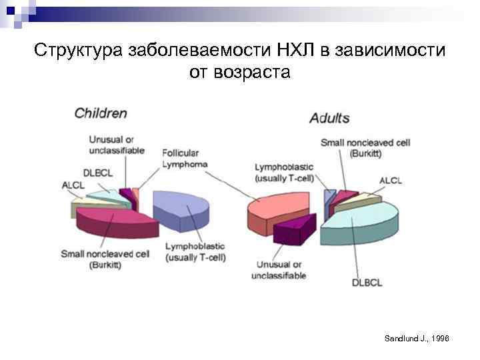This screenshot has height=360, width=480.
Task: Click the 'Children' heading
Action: click(x=100, y=113)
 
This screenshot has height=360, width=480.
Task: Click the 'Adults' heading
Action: click(x=329, y=118)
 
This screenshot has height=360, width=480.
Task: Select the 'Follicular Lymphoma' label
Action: click(x=185, y=158)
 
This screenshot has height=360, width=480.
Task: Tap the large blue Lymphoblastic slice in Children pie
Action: click(x=183, y=208)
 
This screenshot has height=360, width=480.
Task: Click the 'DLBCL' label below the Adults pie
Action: click(x=367, y=283)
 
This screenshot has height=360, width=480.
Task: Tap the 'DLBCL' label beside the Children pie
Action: click(x=98, y=173)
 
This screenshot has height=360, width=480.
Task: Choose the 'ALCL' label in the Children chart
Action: click(x=73, y=185)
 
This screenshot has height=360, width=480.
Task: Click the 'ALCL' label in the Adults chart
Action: click(x=391, y=181)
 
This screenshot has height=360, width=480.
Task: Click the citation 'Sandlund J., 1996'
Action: click(x=417, y=339)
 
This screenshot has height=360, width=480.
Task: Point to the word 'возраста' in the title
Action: click(x=259, y=71)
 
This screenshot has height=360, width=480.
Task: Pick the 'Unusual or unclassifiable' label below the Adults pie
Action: click(x=279, y=270)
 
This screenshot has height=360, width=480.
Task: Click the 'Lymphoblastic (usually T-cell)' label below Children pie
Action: click(x=195, y=253)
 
